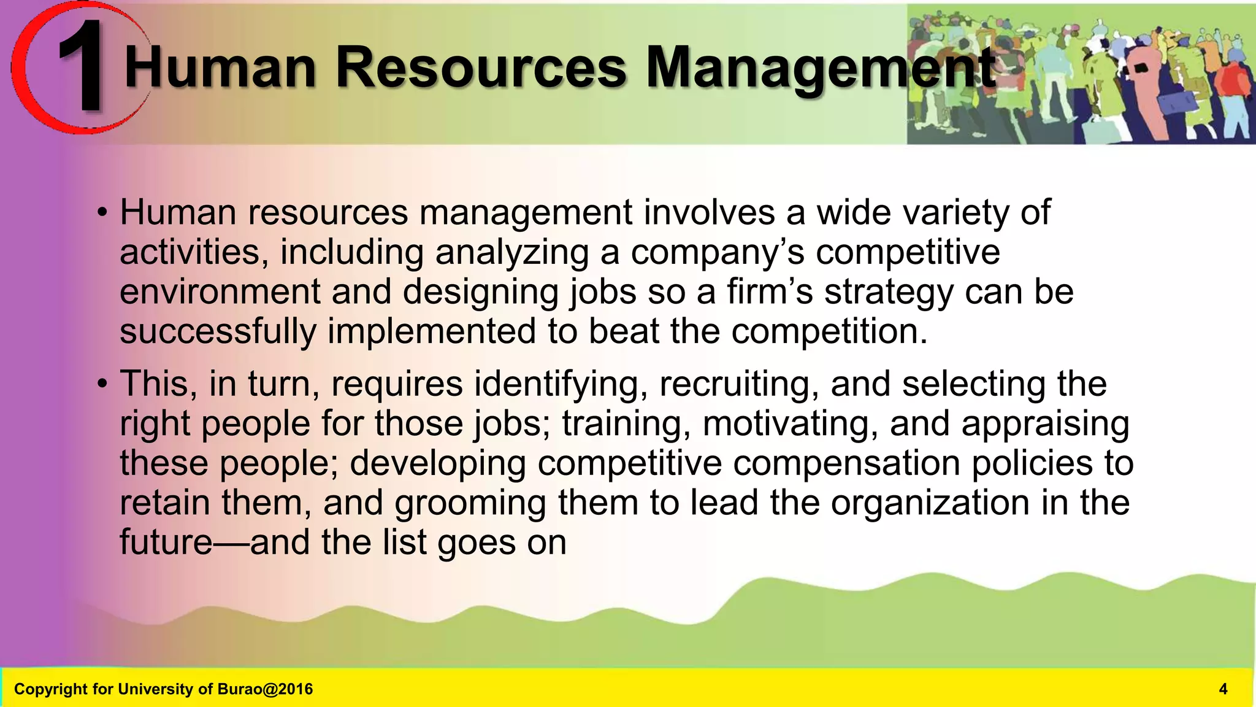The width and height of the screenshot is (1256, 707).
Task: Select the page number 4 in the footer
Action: click(1223, 689)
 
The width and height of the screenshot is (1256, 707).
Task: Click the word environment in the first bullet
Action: click(220, 292)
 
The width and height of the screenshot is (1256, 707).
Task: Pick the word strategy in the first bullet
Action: click(889, 292)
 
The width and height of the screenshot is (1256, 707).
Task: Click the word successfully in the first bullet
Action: click(218, 332)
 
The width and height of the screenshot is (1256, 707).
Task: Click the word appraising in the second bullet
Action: click(1045, 424)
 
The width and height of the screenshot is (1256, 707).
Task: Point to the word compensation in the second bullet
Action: click(846, 463)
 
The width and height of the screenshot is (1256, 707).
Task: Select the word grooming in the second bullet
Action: click(470, 503)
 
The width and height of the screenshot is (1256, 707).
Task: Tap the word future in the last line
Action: click(166, 543)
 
